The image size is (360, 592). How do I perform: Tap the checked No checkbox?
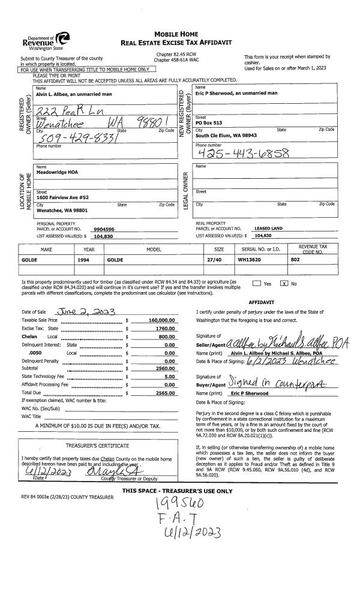tap(285, 283)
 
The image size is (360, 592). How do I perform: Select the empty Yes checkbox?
tap(257, 283)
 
